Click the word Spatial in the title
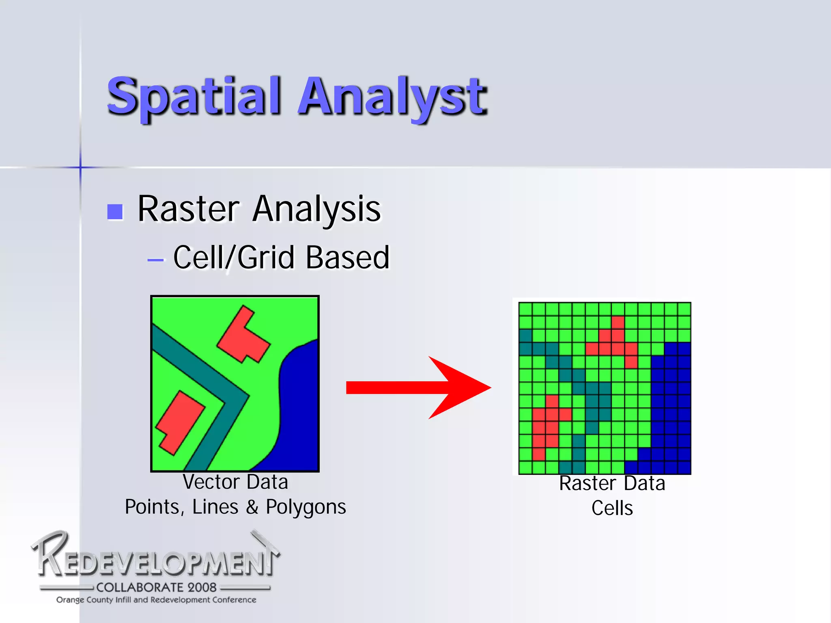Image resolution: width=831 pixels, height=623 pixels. (x=194, y=96)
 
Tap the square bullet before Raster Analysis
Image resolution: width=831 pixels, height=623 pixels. (x=115, y=211)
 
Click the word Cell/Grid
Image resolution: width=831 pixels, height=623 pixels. (x=234, y=258)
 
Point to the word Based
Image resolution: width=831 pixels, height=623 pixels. (x=347, y=258)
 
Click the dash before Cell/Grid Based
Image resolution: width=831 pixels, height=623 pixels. (x=155, y=260)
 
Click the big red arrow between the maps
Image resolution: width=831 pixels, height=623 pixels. (x=418, y=387)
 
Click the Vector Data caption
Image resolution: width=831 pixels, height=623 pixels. (x=235, y=482)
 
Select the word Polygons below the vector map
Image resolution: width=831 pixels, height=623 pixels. (x=306, y=507)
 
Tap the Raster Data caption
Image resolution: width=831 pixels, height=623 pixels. (x=612, y=483)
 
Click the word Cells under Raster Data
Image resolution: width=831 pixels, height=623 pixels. (x=612, y=508)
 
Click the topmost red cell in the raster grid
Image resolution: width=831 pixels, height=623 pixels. (x=618, y=322)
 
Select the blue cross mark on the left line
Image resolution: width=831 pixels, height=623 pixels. (x=80, y=167)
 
